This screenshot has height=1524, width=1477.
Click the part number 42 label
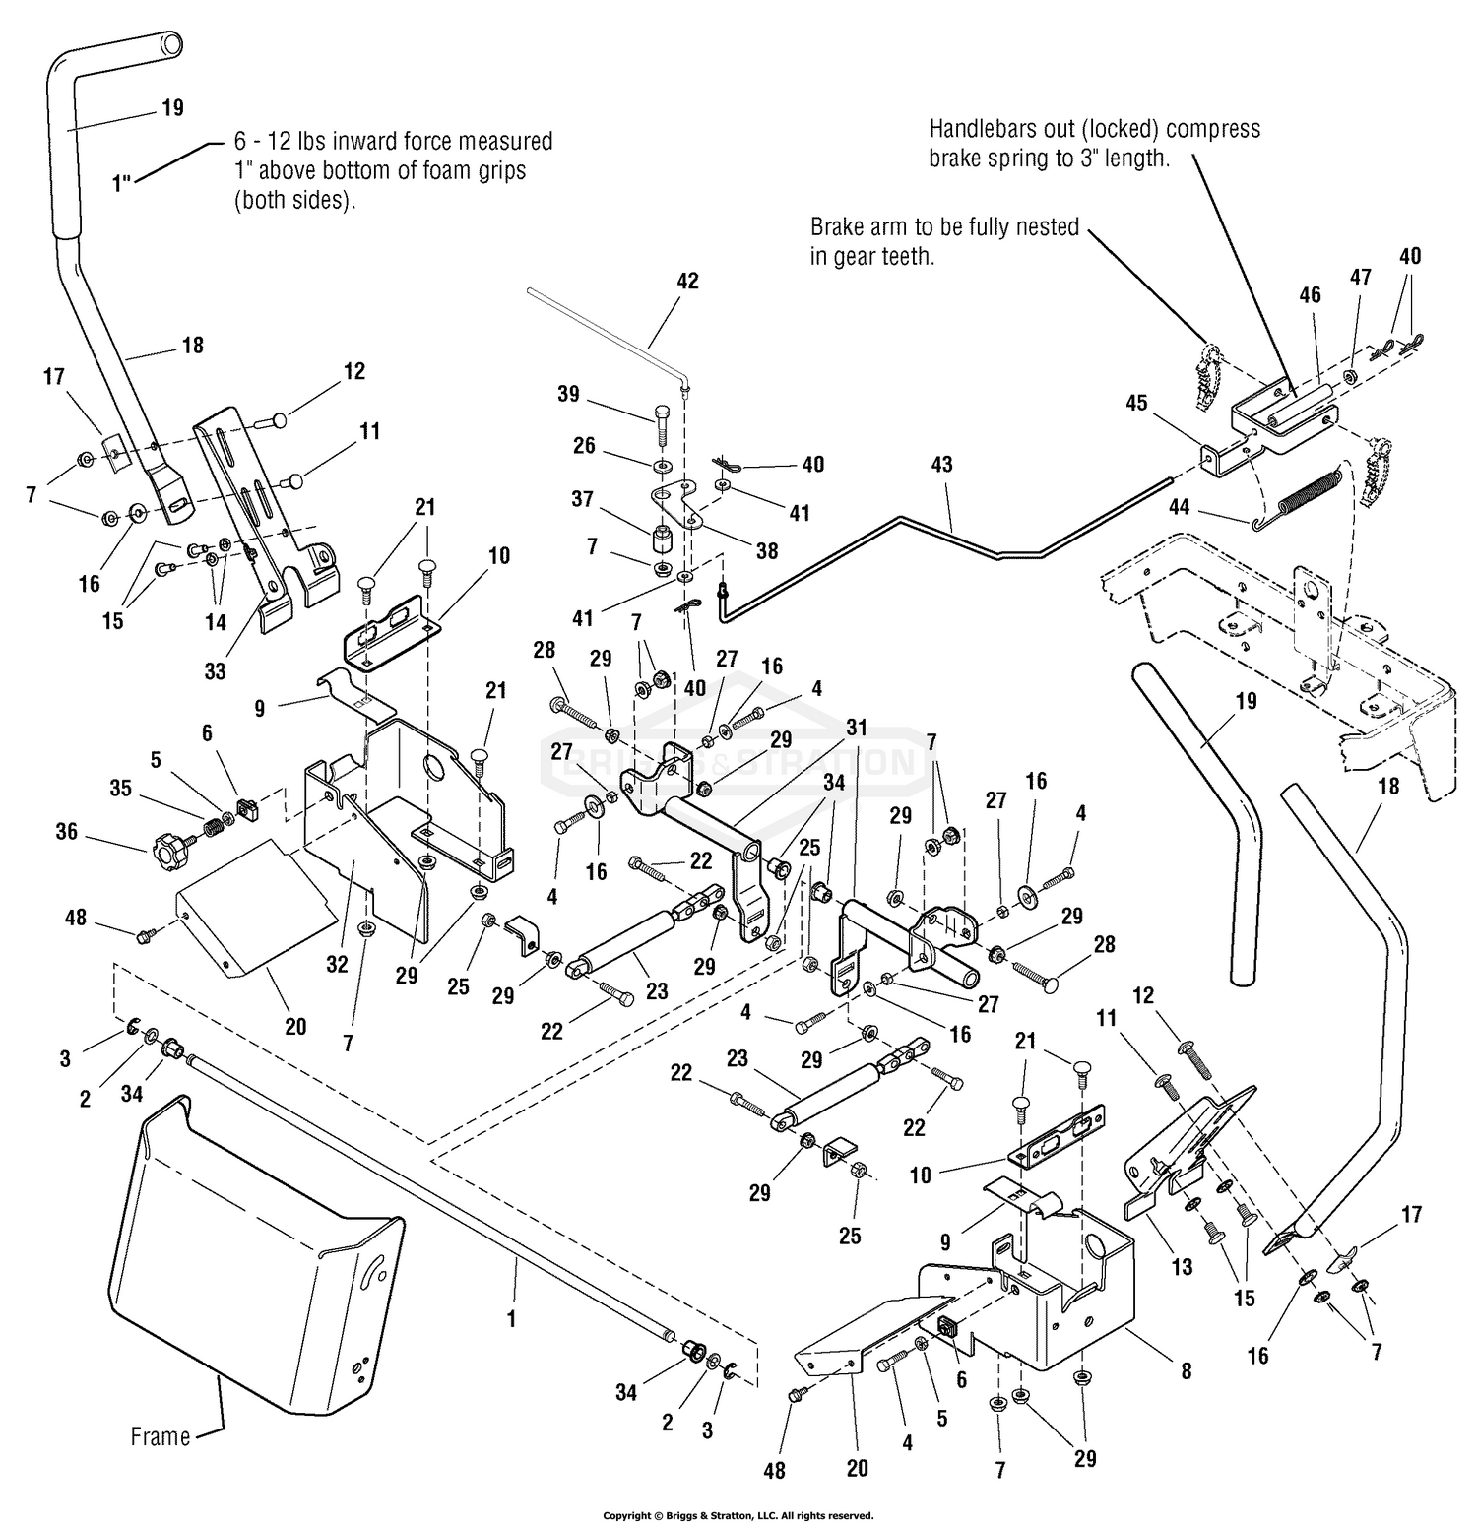(x=687, y=281)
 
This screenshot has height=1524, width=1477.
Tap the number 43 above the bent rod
(x=941, y=464)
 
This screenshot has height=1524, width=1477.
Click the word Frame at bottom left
(x=161, y=1436)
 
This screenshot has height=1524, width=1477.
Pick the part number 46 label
(x=1310, y=294)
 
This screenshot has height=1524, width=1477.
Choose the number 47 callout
(x=1360, y=278)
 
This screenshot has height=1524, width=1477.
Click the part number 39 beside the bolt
(x=568, y=394)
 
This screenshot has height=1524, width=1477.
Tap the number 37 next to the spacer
(x=582, y=499)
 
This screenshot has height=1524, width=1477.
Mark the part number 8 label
(x=1186, y=1370)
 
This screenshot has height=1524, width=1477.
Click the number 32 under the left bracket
(x=337, y=964)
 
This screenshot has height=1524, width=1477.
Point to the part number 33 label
(x=215, y=670)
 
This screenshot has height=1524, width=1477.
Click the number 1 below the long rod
(x=511, y=1317)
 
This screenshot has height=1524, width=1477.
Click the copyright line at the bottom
(x=738, y=1515)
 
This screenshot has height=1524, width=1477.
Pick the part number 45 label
(x=1136, y=403)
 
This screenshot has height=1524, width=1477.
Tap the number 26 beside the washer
(x=584, y=446)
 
